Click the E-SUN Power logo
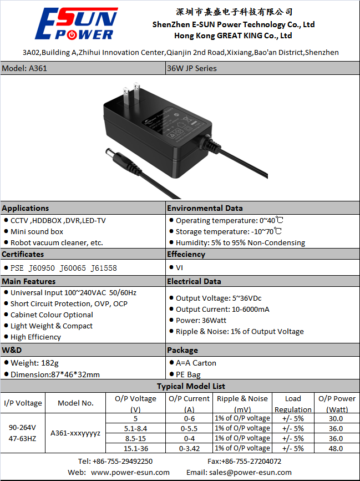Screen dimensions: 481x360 77,24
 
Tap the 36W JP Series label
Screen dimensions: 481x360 192,68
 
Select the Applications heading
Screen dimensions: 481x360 26,208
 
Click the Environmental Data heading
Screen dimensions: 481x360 205,208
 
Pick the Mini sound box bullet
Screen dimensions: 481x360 37,231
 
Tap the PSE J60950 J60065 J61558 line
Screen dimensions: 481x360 64,268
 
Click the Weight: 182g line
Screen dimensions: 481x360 32,363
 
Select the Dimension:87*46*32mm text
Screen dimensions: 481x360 55,374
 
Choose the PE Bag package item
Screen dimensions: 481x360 188,374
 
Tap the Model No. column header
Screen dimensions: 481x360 76,403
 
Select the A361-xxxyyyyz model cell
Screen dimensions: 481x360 75,433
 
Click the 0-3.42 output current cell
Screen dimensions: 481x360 189,448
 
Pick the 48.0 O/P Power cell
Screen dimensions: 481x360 336,448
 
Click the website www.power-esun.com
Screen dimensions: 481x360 130,472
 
